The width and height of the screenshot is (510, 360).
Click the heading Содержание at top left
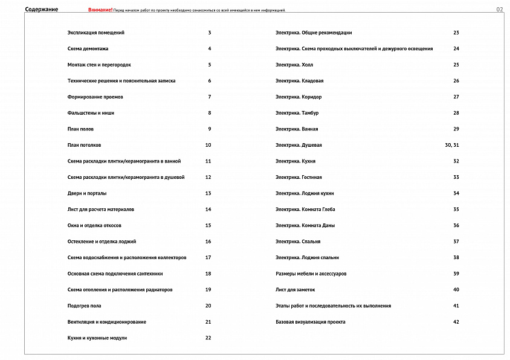[41, 10]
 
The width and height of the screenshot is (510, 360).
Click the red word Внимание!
[100, 10]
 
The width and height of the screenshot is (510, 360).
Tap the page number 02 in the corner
[499, 10]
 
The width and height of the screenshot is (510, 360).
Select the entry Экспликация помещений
[100, 33]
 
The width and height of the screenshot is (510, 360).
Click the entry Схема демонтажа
[88, 49]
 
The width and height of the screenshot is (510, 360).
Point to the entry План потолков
[85, 145]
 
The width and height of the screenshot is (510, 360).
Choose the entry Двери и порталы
[87, 193]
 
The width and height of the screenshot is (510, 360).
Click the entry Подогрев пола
[85, 306]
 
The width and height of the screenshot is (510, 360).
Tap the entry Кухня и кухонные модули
[97, 338]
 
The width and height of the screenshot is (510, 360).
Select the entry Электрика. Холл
[294, 65]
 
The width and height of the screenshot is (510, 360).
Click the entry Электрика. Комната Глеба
[305, 210]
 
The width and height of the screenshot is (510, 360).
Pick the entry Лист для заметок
[295, 290]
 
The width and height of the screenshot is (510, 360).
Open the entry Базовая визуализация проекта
[311, 322]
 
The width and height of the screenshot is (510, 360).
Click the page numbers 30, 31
[452, 145]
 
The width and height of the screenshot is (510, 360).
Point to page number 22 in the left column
[208, 338]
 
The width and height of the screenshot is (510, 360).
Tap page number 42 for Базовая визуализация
[456, 322]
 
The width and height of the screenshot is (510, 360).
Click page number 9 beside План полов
[210, 129]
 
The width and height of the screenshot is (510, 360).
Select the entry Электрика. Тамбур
[297, 113]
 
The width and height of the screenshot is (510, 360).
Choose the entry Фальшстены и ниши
[91, 113]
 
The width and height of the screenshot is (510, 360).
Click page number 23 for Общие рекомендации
[456, 33]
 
